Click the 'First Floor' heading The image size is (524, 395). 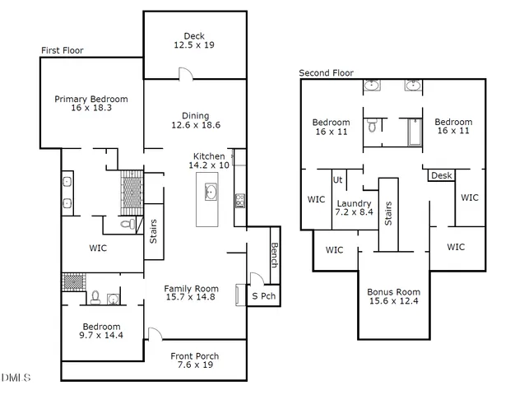pyautogui.click(x=63, y=51)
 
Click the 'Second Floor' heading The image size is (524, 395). pyautogui.click(x=326, y=73)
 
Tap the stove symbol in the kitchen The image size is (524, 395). pyautogui.click(x=239, y=199)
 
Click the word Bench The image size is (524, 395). pyautogui.click(x=274, y=257)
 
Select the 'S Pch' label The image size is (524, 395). pyautogui.click(x=263, y=296)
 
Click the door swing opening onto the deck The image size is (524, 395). pyautogui.click(x=186, y=75)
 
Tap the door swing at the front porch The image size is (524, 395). pyautogui.click(x=153, y=334)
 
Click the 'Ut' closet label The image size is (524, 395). pyautogui.click(x=337, y=179)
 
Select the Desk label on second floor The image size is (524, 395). pyautogui.click(x=441, y=175)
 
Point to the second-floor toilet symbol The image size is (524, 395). pyautogui.click(x=373, y=127)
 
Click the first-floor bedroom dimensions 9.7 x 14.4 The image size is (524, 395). pyautogui.click(x=101, y=336)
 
